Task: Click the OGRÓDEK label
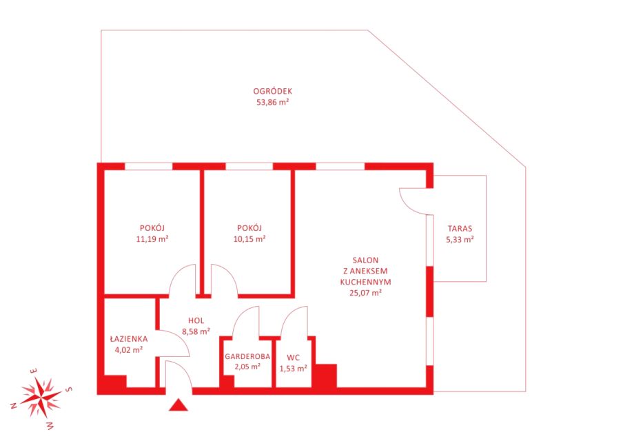tap(273, 92)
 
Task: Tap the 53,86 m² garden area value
tap(273, 102)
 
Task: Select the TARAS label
tap(460, 229)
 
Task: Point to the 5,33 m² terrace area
tap(460, 240)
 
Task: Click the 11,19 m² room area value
tap(152, 239)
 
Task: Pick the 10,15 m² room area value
tap(249, 239)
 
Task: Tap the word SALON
tap(365, 260)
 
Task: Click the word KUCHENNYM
tap(365, 282)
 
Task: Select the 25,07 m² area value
tap(365, 293)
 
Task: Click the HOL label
tap(196, 320)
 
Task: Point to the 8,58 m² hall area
tap(196, 331)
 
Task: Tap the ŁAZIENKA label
tap(129, 339)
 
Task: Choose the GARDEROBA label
tap(247, 356)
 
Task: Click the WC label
tap(293, 358)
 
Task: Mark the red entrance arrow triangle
tap(178, 404)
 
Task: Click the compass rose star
tap(41, 397)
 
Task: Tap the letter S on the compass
tap(68, 389)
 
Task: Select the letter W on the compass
tap(50, 426)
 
